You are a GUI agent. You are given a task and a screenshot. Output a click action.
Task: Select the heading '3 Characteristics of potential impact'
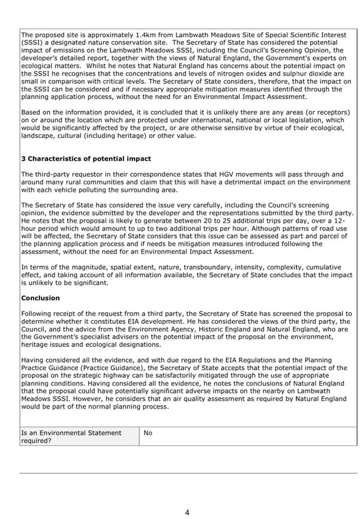point(86,159)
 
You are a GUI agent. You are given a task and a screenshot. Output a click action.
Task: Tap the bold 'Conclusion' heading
point(41,298)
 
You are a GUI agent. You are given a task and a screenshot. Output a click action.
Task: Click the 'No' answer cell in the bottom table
point(148,433)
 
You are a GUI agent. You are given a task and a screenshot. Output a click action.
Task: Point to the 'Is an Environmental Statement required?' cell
point(71,436)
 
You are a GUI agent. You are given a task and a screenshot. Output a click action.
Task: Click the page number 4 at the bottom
point(187,513)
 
